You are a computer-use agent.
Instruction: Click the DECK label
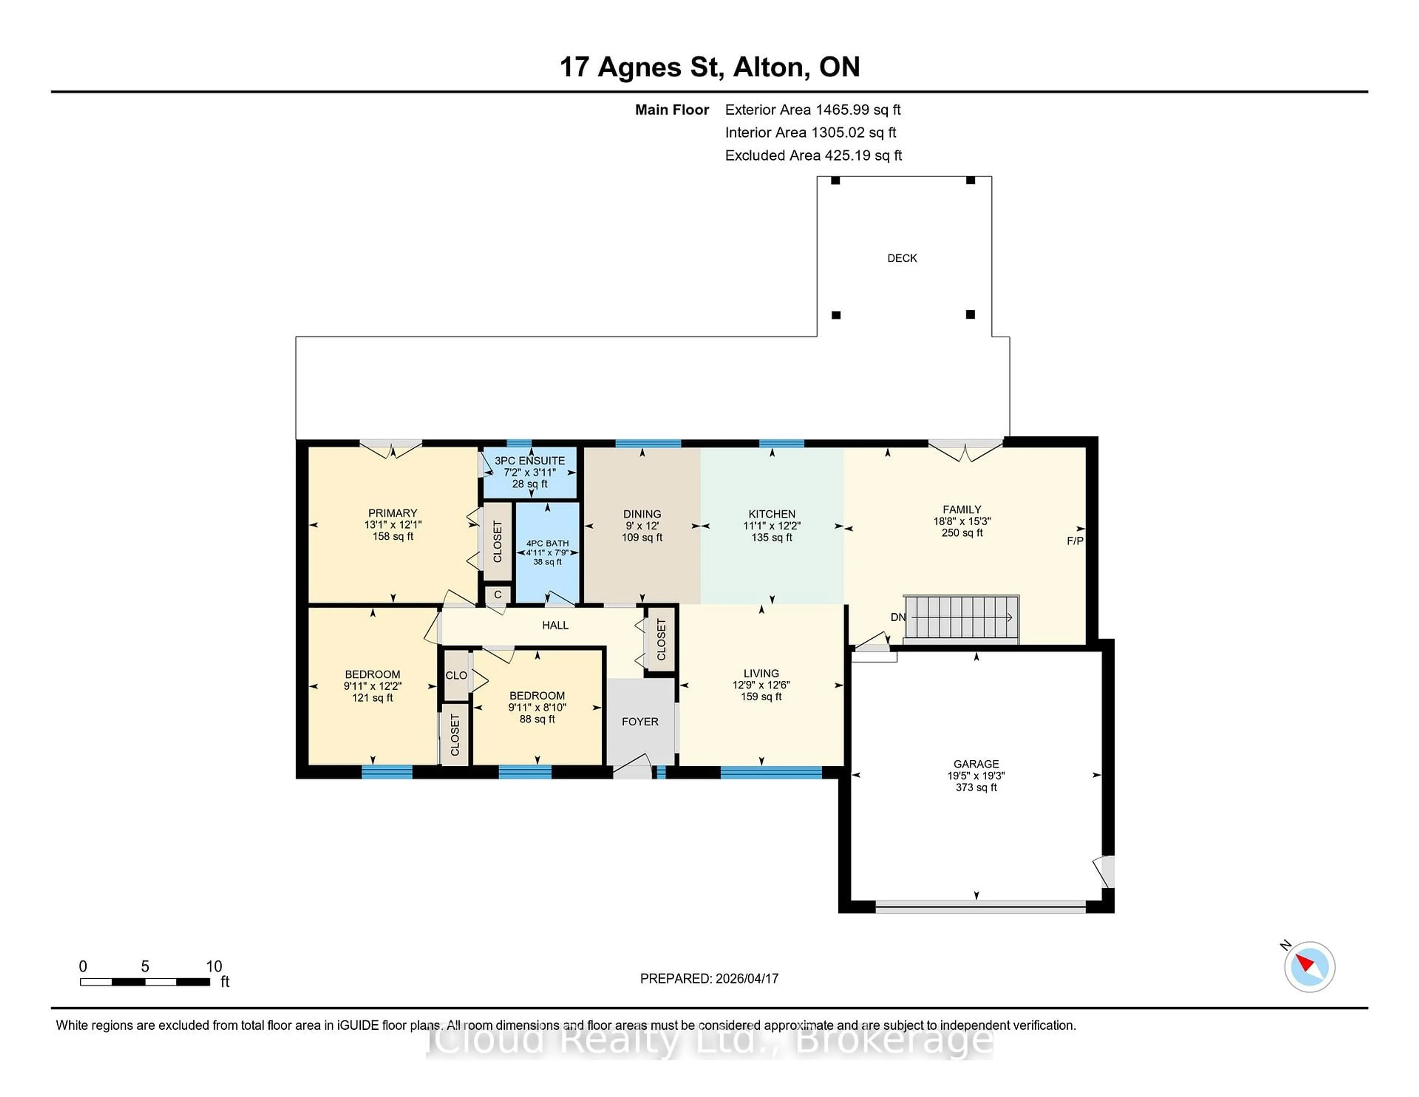coord(902,258)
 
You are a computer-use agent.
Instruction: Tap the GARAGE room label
coord(976,764)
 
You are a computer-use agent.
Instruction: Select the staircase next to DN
coord(962,617)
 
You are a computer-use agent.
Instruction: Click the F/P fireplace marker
coord(1075,541)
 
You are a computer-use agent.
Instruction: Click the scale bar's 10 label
coord(214,967)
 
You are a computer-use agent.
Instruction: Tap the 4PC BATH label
coord(547,543)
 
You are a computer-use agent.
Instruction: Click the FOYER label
coord(640,721)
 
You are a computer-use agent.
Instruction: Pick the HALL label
coord(555,625)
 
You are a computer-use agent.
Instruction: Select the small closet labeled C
coord(498,595)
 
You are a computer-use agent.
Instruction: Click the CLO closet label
coord(456,675)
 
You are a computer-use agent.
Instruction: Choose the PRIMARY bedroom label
coord(392,513)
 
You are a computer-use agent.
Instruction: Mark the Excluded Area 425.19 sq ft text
coord(813,155)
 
